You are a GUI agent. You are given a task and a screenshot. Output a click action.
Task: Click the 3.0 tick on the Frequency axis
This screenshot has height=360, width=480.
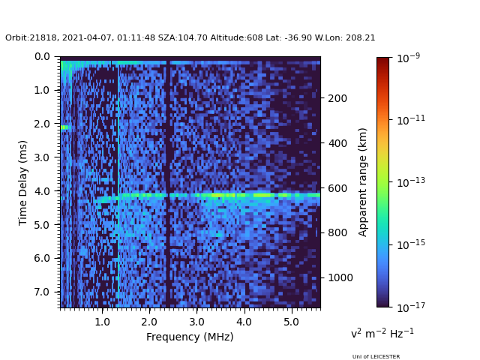click(x=196, y=308)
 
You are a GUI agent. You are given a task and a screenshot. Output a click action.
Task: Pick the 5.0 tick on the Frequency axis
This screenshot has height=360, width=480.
click(x=291, y=308)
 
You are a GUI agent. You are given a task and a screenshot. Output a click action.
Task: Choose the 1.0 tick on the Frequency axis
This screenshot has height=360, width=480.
click(x=102, y=308)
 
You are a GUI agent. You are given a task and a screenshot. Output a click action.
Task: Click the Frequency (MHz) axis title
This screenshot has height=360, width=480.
click(x=190, y=337)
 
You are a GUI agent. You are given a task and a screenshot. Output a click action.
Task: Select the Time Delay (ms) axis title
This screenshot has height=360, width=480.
click(x=23, y=182)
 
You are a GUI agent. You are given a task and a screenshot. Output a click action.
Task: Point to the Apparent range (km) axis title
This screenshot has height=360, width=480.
click(x=363, y=182)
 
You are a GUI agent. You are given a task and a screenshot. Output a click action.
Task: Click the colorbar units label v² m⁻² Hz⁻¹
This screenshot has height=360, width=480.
click(x=382, y=333)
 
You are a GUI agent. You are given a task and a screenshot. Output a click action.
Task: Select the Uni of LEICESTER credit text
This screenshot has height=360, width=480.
click(x=376, y=356)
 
